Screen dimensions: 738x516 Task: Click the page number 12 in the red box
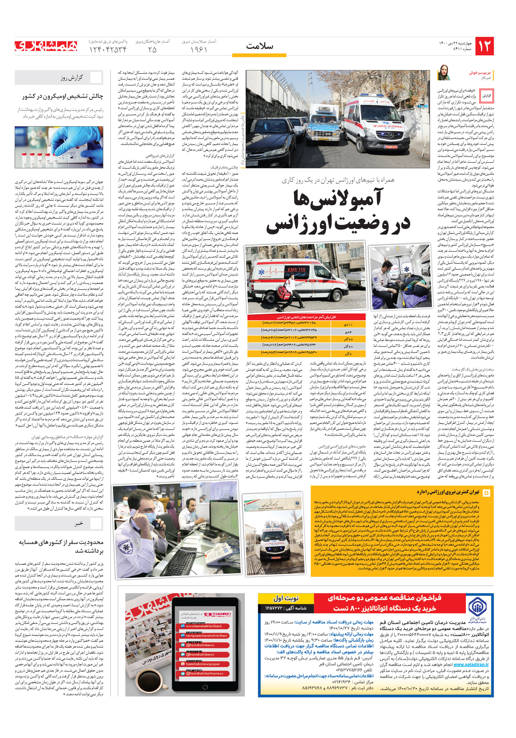tap(484, 46)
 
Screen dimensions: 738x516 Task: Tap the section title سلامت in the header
tap(259, 46)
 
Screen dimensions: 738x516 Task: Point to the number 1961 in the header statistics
tap(199, 50)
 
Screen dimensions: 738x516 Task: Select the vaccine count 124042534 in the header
tap(108, 50)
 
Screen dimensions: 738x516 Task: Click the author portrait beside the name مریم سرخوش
tap(444, 73)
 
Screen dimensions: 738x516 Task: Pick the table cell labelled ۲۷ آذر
tap(348, 339)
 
